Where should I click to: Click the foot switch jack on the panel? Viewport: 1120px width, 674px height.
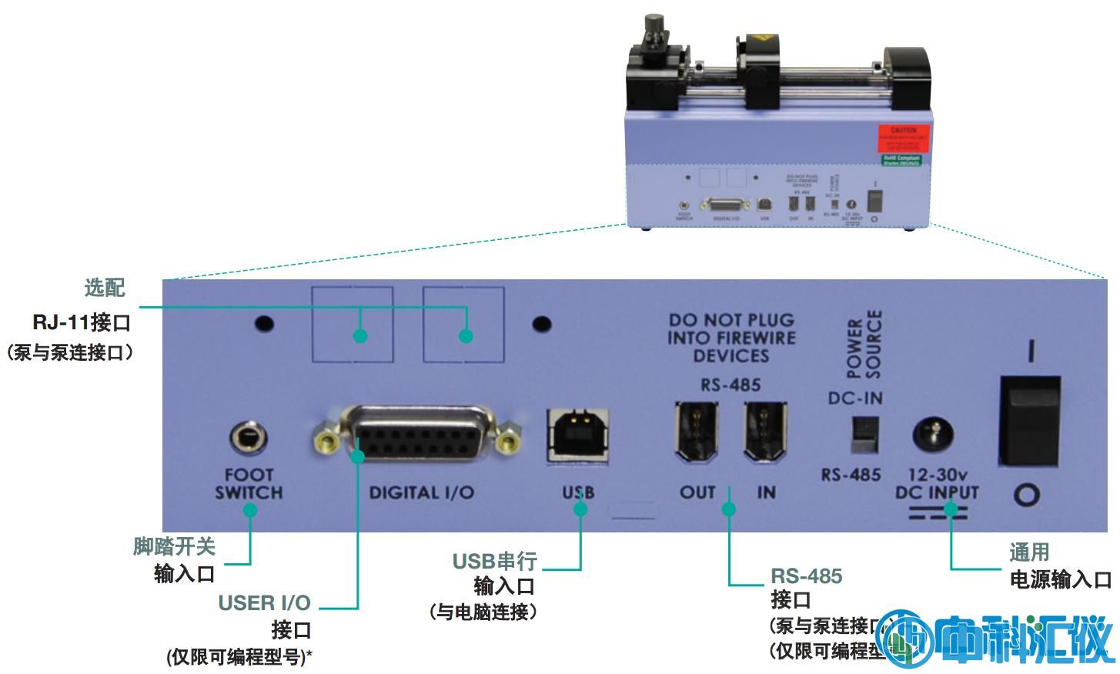(249, 439)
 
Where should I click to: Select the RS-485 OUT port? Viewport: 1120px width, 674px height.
(697, 433)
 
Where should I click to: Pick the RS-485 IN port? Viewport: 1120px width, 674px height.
(764, 433)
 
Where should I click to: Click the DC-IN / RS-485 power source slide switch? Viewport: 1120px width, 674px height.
(864, 435)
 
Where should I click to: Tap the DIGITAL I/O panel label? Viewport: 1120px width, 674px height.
(421, 493)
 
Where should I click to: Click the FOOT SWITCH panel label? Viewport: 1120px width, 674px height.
(249, 484)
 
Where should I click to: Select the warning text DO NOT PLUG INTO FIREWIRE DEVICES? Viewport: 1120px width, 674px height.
(731, 338)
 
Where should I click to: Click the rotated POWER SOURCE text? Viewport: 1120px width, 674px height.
(864, 345)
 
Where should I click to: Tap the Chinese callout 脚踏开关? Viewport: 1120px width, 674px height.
(174, 547)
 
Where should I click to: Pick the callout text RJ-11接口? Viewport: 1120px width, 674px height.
(82, 322)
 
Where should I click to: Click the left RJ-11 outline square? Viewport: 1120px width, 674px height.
(353, 324)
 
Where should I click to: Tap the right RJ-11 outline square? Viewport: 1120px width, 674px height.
(463, 324)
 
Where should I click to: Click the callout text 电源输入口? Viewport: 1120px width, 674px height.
(1060, 580)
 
